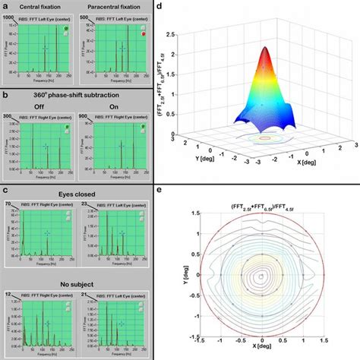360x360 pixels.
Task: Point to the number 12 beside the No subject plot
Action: (x=8, y=293)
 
